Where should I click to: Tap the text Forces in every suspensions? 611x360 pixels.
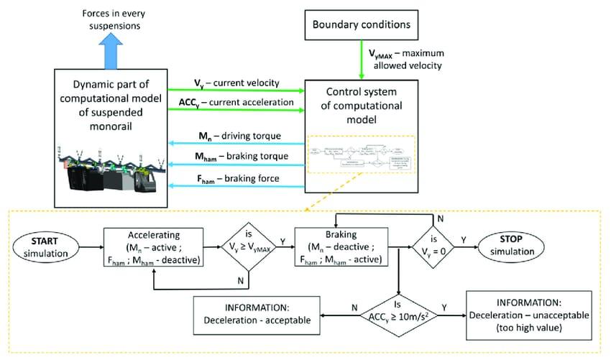111,18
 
